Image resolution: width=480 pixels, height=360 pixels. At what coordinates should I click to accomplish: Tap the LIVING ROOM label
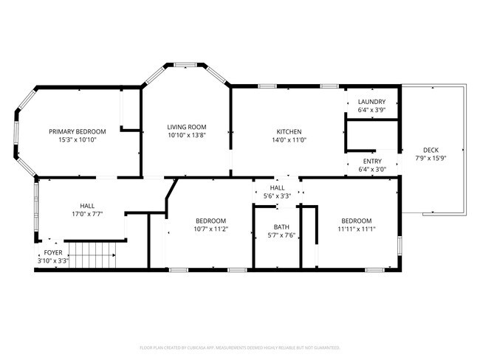(x=186, y=127)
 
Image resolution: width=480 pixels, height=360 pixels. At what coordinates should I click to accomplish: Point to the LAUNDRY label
(x=371, y=101)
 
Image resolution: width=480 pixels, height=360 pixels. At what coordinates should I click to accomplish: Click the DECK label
(x=431, y=150)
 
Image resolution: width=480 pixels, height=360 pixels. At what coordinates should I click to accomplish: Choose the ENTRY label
(x=372, y=161)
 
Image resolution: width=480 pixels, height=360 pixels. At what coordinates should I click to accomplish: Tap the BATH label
(x=281, y=227)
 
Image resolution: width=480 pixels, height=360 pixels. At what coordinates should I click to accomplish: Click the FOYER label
(x=52, y=252)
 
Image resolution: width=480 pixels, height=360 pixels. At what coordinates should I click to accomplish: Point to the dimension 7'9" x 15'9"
(x=431, y=158)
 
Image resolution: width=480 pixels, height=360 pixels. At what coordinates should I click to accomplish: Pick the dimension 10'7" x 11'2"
(x=210, y=229)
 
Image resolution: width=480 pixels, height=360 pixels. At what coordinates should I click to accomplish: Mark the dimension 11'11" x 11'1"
(x=356, y=229)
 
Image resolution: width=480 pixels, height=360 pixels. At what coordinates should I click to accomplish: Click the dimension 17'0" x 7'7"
(x=87, y=215)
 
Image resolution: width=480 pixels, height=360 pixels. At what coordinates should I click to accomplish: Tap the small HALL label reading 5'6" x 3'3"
(x=278, y=196)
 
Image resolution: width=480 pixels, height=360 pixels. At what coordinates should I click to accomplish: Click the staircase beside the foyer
(x=92, y=257)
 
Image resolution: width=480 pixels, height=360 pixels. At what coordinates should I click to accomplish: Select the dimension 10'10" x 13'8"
(x=186, y=135)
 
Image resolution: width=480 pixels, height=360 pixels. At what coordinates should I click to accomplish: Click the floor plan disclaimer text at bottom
(x=239, y=347)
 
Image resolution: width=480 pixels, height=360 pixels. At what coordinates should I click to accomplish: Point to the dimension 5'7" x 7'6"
(x=281, y=235)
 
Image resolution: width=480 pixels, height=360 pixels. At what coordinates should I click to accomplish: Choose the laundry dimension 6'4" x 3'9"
(x=371, y=110)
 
